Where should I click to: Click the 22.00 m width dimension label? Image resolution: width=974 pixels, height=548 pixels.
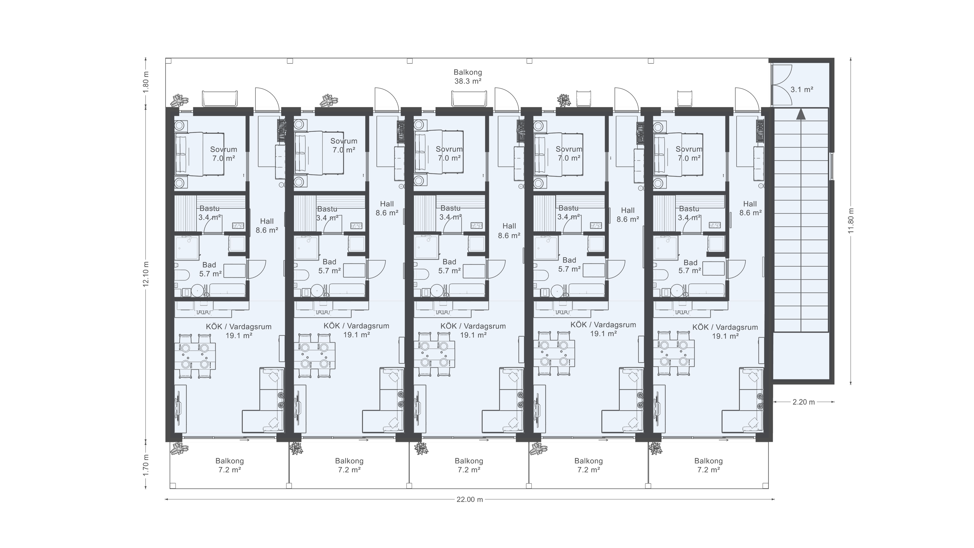pos(470,499)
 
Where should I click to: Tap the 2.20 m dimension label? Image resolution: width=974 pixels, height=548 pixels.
pos(803,402)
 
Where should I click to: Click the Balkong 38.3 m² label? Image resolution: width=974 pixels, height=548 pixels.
pos(468,76)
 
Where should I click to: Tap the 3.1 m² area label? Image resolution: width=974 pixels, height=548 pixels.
pos(802,90)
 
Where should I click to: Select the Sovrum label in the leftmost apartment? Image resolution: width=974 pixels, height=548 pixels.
pos(223,149)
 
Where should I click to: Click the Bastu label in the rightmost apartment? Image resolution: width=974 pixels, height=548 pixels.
pos(689,208)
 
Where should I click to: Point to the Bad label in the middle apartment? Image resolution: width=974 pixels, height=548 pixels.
pos(449,262)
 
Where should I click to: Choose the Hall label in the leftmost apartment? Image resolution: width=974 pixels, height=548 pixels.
pos(267,221)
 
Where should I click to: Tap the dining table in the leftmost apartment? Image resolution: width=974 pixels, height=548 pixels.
pos(195,356)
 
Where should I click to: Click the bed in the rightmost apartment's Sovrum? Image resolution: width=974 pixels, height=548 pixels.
pos(678,155)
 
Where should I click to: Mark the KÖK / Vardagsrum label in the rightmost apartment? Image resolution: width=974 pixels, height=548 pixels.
pos(725,327)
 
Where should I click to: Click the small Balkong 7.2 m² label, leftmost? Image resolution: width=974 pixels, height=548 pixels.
pos(229,466)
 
